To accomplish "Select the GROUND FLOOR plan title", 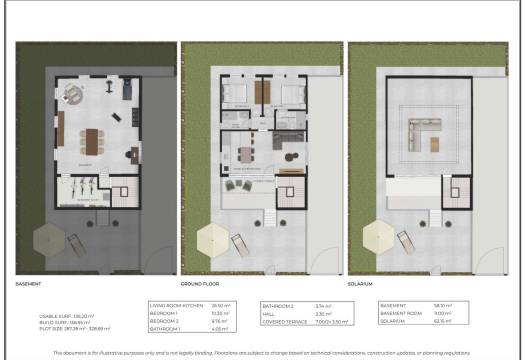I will [200, 283].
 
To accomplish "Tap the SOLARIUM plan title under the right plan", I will [362, 283].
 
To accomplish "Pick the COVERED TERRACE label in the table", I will [282, 322].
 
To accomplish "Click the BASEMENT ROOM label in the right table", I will [400, 313].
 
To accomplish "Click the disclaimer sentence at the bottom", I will [262, 353].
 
